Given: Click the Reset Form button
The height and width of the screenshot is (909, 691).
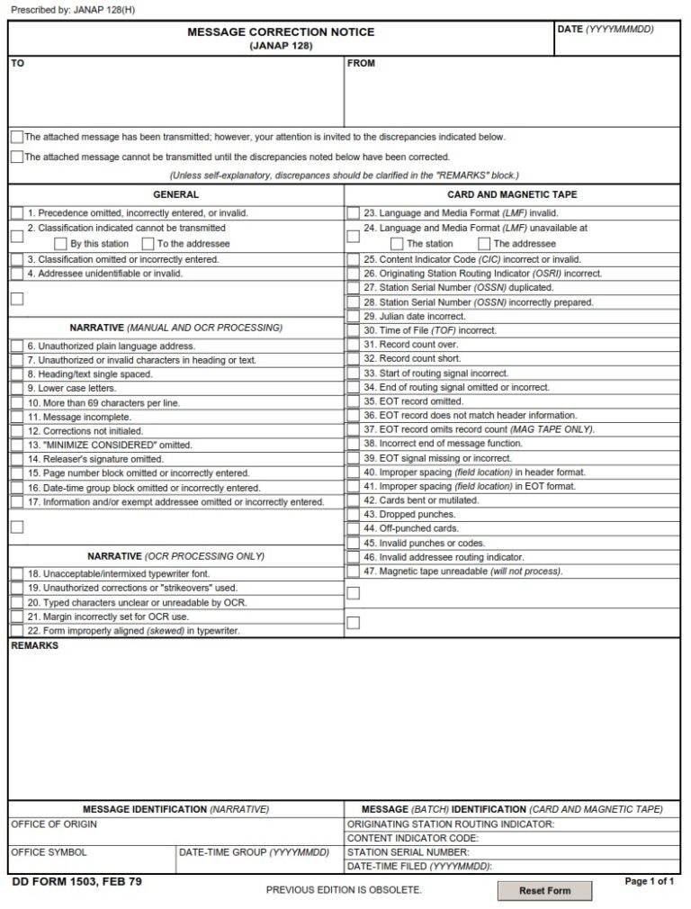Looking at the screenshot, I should [x=544, y=890].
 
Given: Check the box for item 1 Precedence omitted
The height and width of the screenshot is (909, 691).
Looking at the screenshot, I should [x=16, y=213].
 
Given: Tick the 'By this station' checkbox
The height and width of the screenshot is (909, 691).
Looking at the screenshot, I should [x=60, y=244].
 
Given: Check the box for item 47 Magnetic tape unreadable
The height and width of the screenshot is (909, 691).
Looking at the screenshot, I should [x=354, y=571].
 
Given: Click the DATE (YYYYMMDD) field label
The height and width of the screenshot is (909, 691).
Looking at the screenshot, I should [x=605, y=30].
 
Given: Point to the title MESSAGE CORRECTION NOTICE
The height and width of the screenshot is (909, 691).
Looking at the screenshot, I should [x=281, y=32].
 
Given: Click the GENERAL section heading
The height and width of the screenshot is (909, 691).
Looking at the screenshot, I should [x=176, y=194].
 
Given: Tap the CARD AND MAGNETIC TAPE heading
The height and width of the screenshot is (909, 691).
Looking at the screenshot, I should [x=512, y=194].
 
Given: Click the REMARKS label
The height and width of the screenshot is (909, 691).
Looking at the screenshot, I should [x=34, y=646].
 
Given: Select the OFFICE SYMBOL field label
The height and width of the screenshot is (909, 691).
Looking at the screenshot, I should [x=49, y=851].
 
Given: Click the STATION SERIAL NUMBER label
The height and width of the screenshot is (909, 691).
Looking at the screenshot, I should [x=408, y=851].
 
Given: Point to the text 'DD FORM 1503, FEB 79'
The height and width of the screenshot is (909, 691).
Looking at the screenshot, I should [x=77, y=882].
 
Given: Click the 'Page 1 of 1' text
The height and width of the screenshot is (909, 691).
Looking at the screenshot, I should [x=649, y=882].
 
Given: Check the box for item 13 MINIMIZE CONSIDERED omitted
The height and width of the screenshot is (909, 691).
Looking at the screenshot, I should [x=16, y=445].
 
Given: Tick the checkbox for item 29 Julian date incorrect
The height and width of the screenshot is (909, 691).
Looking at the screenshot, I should [x=354, y=316].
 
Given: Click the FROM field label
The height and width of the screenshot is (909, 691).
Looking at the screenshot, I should [x=361, y=64].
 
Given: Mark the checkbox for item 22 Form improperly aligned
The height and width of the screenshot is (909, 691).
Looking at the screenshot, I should [x=16, y=631].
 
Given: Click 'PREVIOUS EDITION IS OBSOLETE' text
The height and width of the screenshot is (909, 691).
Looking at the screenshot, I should [x=344, y=890].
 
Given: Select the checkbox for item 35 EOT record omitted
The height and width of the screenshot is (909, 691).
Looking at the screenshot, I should [x=354, y=401].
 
